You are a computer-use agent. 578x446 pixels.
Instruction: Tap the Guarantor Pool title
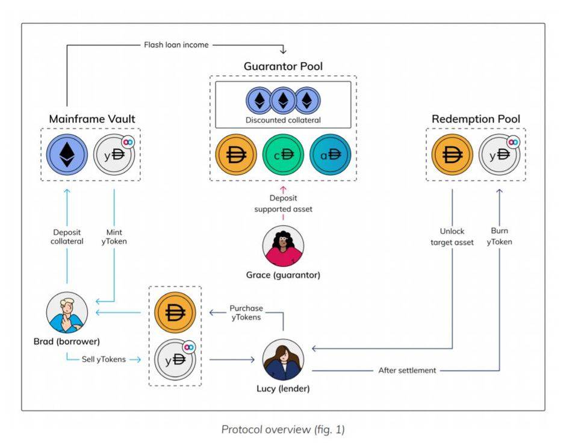[x=283, y=66]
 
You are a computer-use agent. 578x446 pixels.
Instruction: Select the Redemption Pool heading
[x=476, y=119]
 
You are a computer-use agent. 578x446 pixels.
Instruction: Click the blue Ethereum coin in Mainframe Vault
[x=67, y=154]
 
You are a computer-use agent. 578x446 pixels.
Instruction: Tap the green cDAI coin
[x=283, y=154]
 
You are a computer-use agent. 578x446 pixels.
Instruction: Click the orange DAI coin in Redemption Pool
[x=452, y=154]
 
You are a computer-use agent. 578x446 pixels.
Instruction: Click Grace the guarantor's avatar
[x=283, y=247]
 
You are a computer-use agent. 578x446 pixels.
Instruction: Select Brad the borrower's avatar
[x=67, y=313]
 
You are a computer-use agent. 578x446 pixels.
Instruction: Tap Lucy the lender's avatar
[x=283, y=360]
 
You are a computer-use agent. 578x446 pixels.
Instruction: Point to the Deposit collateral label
[x=66, y=237]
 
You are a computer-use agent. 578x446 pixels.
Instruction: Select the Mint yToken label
[x=115, y=237]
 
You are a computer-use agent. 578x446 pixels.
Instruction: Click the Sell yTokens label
[x=104, y=359]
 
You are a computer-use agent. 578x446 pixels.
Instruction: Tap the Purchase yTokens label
[x=246, y=313]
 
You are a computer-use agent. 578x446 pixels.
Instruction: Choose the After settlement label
[x=407, y=370]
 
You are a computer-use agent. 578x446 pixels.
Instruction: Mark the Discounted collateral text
[x=283, y=120]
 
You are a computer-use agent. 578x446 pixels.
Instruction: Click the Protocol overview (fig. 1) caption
[x=283, y=429]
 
